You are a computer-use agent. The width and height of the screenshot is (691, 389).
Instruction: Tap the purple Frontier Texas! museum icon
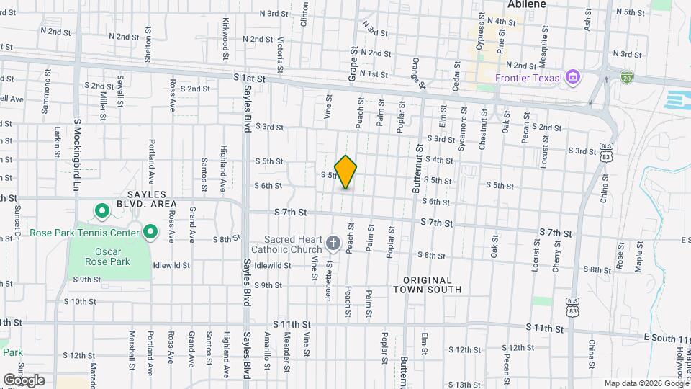click(573, 77)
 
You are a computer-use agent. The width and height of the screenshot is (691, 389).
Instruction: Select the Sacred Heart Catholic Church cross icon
click(333, 243)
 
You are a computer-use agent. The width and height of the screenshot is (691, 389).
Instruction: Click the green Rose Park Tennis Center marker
click(150, 232)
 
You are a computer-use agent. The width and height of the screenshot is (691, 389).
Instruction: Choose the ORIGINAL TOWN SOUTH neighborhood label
click(428, 285)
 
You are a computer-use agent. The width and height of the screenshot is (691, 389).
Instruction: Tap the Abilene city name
click(526, 4)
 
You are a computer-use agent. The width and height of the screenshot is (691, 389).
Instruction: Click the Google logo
click(24, 380)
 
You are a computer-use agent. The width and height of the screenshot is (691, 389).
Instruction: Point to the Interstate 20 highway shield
click(625, 76)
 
